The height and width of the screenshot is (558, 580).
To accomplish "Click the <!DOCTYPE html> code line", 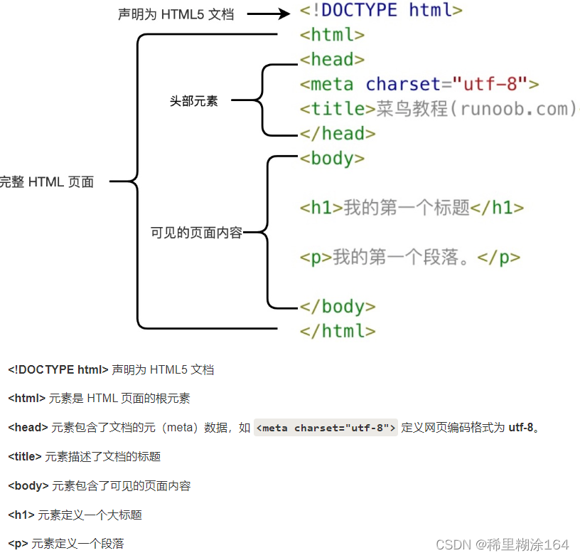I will pyautogui.click(x=381, y=11).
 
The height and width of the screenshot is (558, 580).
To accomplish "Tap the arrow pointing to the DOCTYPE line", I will pyautogui.click(x=269, y=13).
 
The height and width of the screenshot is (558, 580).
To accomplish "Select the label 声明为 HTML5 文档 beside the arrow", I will pyautogui.click(x=176, y=14).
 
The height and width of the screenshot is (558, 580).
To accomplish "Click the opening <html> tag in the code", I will pyautogui.click(x=332, y=35).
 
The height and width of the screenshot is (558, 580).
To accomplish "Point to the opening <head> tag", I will pyautogui.click(x=332, y=60).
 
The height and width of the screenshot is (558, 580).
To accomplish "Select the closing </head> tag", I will pyautogui.click(x=338, y=133).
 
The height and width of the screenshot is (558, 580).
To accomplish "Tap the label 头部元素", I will pyautogui.click(x=193, y=101).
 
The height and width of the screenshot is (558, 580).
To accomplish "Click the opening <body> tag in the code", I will pyautogui.click(x=332, y=158).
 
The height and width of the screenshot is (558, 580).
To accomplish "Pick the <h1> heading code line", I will pyautogui.click(x=412, y=208).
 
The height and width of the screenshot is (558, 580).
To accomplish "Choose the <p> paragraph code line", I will pyautogui.click(x=409, y=257).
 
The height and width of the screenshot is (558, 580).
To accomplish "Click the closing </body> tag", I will pyautogui.click(x=338, y=307).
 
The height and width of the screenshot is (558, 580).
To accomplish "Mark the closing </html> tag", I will pyautogui.click(x=338, y=331).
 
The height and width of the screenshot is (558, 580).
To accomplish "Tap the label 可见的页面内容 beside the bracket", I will pyautogui.click(x=197, y=232).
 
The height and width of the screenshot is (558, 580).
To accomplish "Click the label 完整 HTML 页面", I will pyautogui.click(x=47, y=182).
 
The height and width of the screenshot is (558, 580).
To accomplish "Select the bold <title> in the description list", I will pyautogui.click(x=25, y=457).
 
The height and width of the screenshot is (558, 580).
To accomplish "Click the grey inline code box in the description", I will pyautogui.click(x=326, y=428).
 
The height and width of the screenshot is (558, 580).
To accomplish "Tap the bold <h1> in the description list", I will pyautogui.click(x=21, y=515).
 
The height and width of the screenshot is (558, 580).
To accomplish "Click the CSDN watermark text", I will pyautogui.click(x=503, y=544).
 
